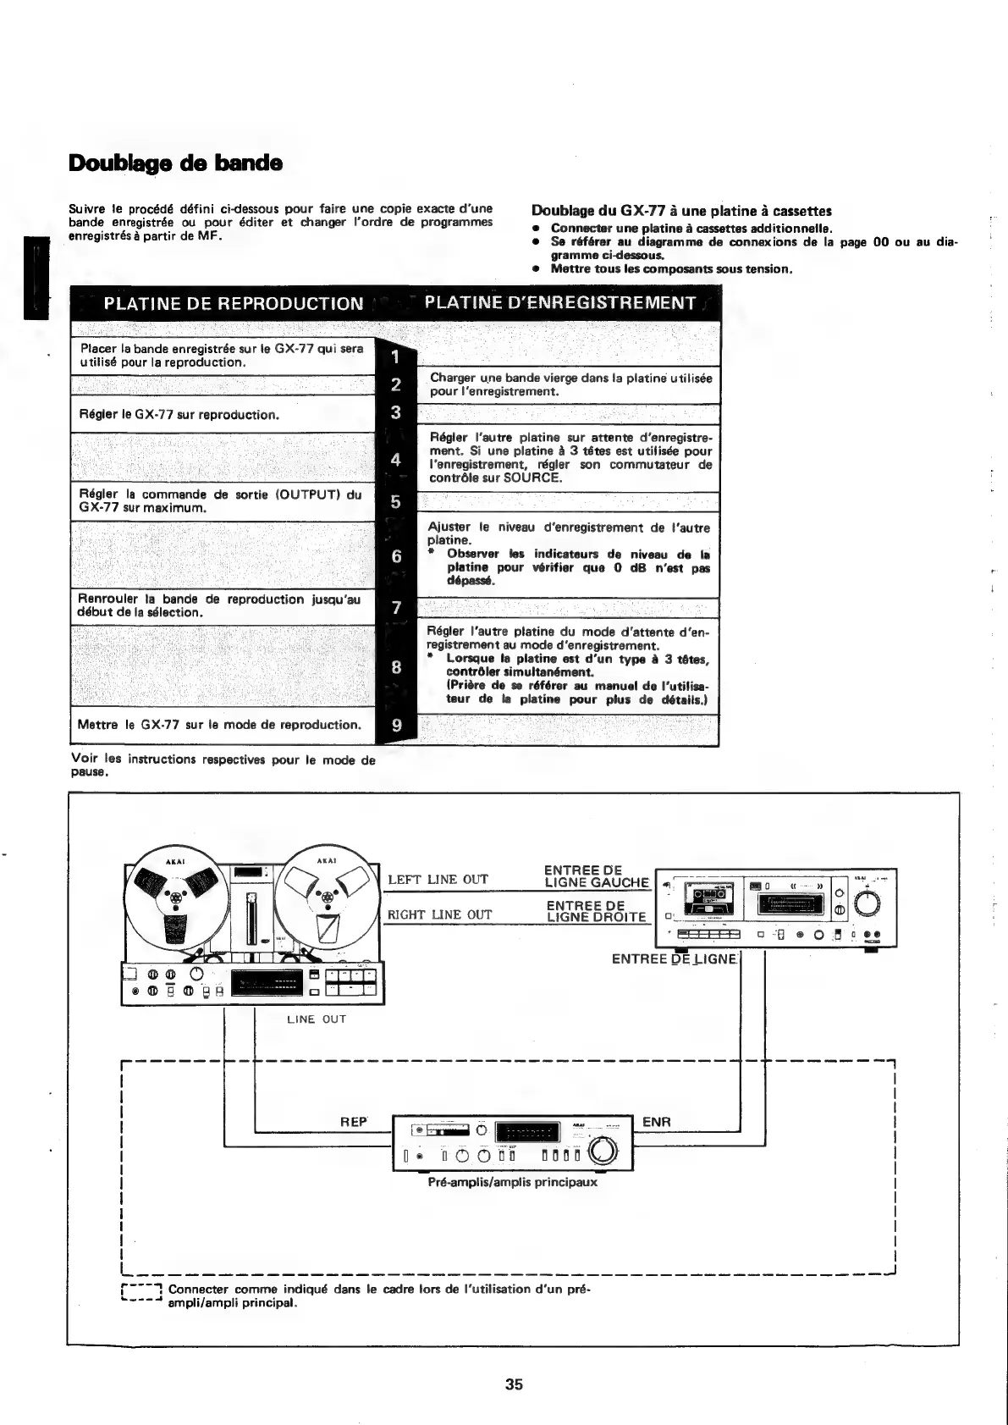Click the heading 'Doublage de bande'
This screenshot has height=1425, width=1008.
click(x=175, y=163)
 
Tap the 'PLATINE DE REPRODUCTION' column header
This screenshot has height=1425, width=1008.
click(x=234, y=303)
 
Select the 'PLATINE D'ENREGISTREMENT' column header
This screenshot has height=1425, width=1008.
click(x=560, y=303)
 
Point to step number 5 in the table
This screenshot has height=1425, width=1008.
click(x=395, y=502)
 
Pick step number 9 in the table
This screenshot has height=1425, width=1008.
click(x=395, y=726)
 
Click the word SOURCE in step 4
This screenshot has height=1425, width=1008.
click(x=532, y=478)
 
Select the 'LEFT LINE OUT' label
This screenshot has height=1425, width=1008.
click(x=438, y=880)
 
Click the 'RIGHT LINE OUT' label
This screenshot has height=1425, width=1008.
click(x=439, y=914)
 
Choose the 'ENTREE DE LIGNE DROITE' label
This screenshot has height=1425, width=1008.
click(x=596, y=912)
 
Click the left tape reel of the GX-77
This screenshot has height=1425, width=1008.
click(x=175, y=895)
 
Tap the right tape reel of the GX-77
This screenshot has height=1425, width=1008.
click(x=325, y=896)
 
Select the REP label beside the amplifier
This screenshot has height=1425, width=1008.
click(x=353, y=1122)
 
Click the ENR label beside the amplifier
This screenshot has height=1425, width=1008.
click(x=656, y=1122)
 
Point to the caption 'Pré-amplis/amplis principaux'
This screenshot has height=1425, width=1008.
click(x=513, y=1182)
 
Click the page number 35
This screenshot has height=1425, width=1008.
click(x=514, y=1385)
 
